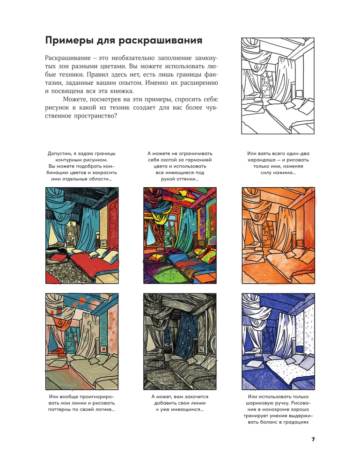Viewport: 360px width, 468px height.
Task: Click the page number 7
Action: [313, 439]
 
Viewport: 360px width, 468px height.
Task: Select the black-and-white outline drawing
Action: [278, 86]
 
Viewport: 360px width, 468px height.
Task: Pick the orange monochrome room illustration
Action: [278, 235]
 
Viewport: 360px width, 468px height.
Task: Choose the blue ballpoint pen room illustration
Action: [278, 342]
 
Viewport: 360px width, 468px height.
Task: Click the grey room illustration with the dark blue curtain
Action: [180, 342]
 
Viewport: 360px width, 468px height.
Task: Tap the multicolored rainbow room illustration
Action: [180, 235]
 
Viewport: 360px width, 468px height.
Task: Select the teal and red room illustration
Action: [82, 235]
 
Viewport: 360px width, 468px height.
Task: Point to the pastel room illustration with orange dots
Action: [82, 342]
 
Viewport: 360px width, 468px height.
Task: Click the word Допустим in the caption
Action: [59, 154]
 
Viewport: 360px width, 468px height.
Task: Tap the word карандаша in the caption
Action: [261, 160]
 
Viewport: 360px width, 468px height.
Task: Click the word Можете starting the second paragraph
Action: [73, 99]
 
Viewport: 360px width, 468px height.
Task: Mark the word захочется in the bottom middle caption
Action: [195, 397]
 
